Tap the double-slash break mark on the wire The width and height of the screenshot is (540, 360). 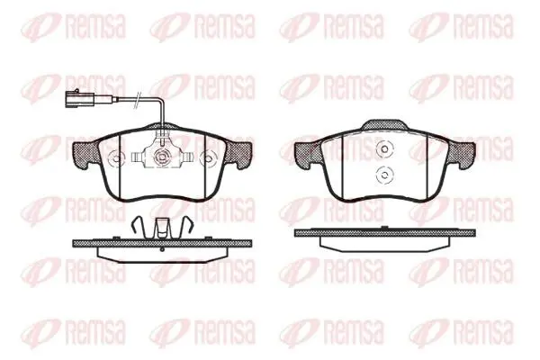click(139, 100)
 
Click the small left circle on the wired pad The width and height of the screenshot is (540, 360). click(116, 158)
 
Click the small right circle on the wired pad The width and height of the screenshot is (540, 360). click(208, 158)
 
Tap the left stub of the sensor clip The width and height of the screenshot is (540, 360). click(138, 157)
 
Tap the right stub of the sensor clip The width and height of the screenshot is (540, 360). click(186, 157)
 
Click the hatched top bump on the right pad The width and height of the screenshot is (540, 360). click(384, 126)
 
